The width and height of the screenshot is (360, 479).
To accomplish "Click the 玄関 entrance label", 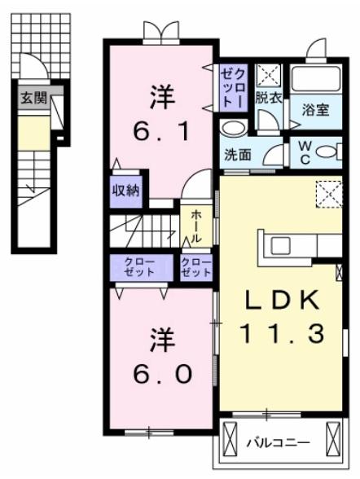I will click(x=34, y=101).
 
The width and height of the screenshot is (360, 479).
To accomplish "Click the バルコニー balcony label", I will click(x=278, y=442).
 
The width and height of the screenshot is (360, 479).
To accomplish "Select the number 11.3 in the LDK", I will click(x=281, y=332).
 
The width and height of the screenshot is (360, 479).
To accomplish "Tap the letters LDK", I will click(x=281, y=300).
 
